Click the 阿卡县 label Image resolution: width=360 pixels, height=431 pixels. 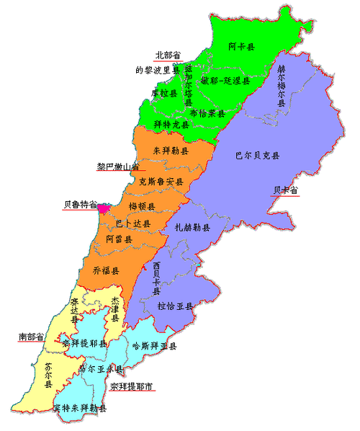[242, 46]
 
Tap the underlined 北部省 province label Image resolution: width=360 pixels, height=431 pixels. [169, 55]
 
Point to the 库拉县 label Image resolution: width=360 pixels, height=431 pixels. [164, 93]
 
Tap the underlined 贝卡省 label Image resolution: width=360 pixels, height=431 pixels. [285, 190]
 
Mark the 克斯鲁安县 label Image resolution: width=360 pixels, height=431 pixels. [161, 182]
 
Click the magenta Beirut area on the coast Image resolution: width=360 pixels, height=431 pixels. [104, 208]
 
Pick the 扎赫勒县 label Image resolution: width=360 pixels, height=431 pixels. [193, 228]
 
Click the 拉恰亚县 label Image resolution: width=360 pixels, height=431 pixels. [176, 306]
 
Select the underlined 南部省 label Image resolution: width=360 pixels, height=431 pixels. [31, 336]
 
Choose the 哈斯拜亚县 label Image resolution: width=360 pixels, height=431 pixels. [156, 347]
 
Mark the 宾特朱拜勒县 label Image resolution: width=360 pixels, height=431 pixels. [80, 409]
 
